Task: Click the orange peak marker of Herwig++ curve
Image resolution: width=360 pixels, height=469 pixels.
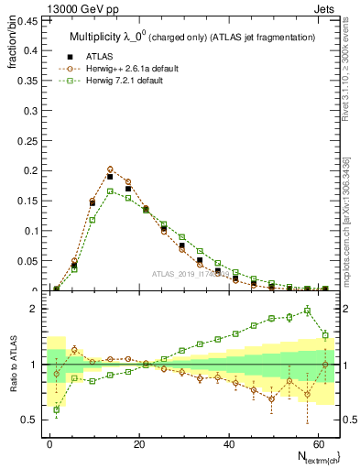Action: tap(110, 169)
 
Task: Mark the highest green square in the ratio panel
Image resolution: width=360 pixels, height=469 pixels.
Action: tap(307, 311)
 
